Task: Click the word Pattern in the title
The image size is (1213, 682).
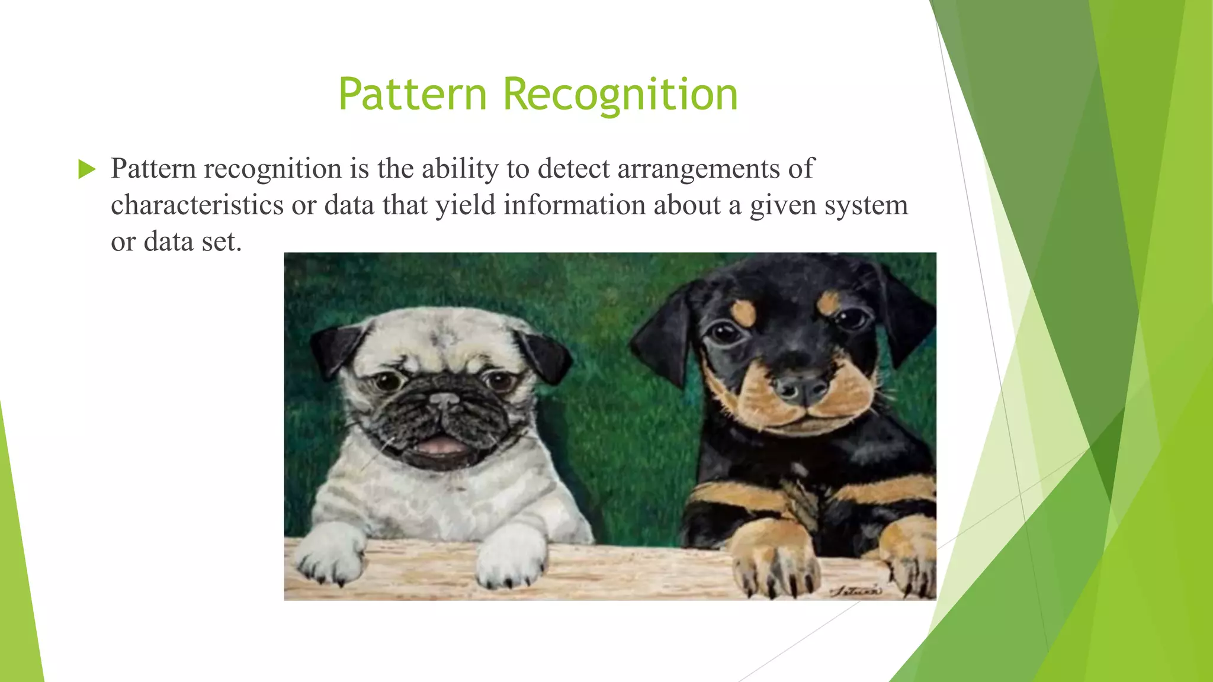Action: pyautogui.click(x=412, y=94)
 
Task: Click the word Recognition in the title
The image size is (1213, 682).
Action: pyautogui.click(x=620, y=95)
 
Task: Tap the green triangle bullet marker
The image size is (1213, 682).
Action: pyautogui.click(x=86, y=169)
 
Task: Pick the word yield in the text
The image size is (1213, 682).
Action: pyautogui.click(x=466, y=206)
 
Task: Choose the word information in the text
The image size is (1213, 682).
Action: pyautogui.click(x=575, y=205)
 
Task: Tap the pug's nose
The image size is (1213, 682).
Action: pyautogui.click(x=445, y=400)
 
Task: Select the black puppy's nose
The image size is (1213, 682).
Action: pyautogui.click(x=802, y=387)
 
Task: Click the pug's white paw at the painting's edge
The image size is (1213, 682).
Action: pyautogui.click(x=330, y=554)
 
